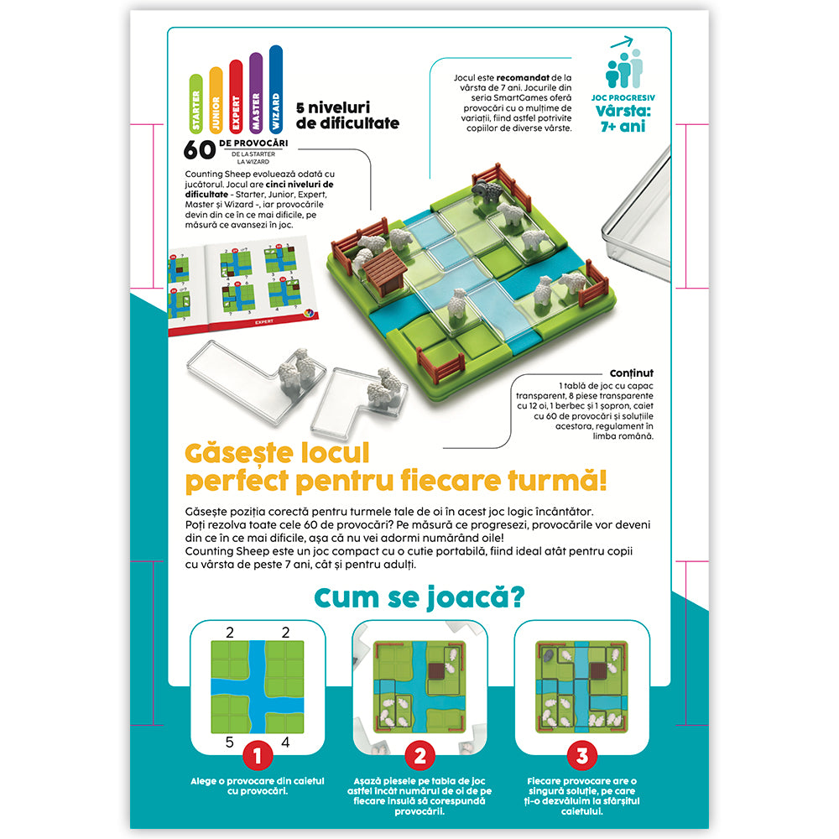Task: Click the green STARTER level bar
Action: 196,104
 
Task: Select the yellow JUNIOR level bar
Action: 216,100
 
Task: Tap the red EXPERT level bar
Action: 236,96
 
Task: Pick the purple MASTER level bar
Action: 256,92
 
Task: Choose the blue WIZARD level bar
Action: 275,89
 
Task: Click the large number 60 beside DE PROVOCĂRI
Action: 200,150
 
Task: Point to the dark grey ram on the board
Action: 487,191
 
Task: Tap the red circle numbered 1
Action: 258,756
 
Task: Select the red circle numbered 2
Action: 420,756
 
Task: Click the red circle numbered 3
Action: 582,756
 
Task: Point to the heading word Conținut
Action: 632,373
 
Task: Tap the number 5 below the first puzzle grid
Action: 230,743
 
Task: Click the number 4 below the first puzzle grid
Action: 285,743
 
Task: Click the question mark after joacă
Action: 518,597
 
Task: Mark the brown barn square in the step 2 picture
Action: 436,671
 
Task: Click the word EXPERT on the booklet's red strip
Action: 263,321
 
